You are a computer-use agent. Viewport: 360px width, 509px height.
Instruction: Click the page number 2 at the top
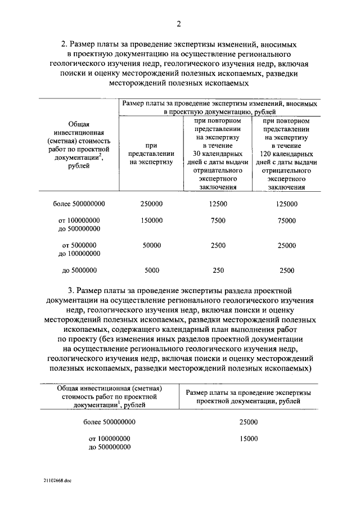pyautogui.click(x=179, y=23)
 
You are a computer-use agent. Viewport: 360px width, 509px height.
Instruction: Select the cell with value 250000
pyautogui.click(x=151, y=204)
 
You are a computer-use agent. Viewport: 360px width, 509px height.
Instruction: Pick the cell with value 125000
pyautogui.click(x=286, y=204)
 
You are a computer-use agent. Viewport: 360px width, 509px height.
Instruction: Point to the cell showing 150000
pyautogui.click(x=151, y=220)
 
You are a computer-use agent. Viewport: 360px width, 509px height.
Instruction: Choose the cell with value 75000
pyautogui.click(x=286, y=220)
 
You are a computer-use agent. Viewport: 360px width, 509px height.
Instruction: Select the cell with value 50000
pyautogui.click(x=151, y=245)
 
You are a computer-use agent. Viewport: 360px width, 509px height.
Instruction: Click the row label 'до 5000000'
pyautogui.click(x=79, y=270)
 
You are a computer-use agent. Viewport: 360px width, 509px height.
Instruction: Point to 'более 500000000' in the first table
pyautogui.click(x=79, y=204)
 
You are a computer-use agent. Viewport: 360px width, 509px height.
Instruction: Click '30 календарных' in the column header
pyautogui.click(x=218, y=154)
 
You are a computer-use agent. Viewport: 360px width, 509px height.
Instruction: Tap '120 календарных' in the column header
pyautogui.click(x=286, y=154)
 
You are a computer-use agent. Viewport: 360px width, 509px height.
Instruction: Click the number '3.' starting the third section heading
pyautogui.click(x=71, y=291)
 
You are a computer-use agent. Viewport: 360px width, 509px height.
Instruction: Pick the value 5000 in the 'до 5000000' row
pyautogui.click(x=151, y=270)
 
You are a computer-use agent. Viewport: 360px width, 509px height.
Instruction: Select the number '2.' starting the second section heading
pyautogui.click(x=64, y=43)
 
